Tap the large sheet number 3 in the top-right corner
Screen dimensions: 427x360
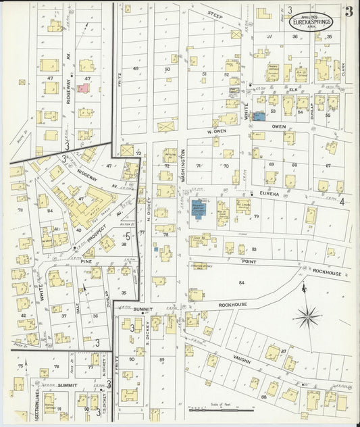[348, 11]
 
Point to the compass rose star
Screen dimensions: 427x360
[308, 315]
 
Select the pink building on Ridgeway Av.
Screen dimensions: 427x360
[83, 87]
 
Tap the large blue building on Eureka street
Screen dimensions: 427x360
[198, 207]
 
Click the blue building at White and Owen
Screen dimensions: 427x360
[259, 116]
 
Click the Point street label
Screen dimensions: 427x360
[249, 260]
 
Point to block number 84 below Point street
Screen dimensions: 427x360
[241, 282]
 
